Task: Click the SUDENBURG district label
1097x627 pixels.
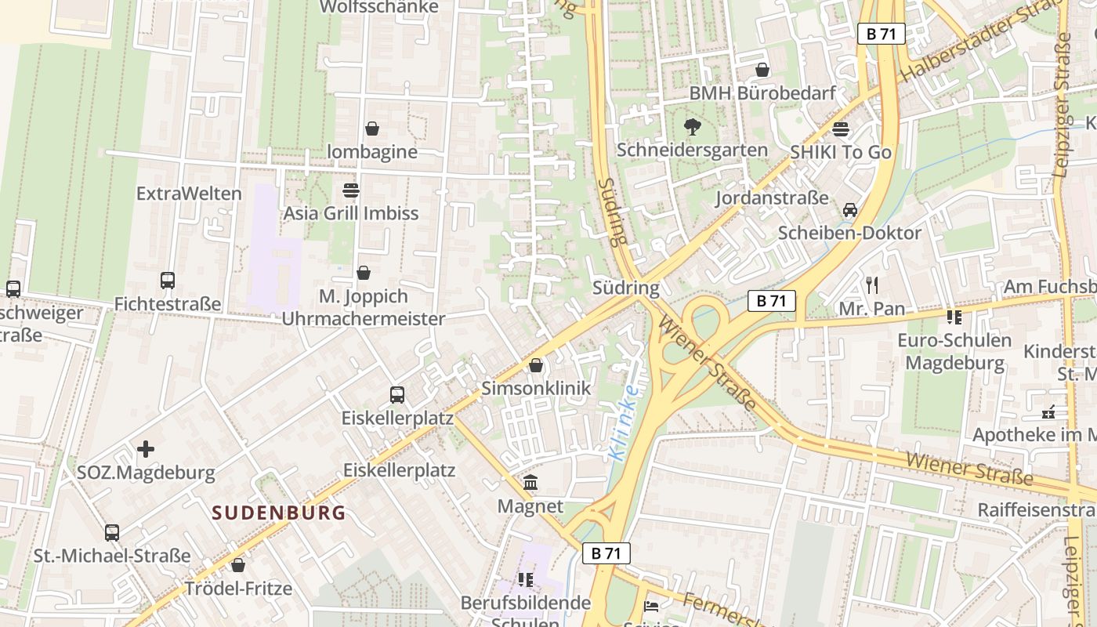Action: [x=279, y=513]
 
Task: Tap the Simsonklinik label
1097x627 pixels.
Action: [x=536, y=389]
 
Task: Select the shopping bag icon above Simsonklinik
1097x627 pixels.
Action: [x=536, y=365]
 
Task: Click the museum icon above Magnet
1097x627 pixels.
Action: [x=530, y=482]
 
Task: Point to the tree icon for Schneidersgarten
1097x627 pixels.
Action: [x=692, y=126]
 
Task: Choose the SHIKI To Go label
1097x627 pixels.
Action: [x=841, y=152]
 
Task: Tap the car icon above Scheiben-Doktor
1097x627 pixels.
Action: [x=849, y=210]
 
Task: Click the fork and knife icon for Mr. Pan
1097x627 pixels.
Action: [x=872, y=285]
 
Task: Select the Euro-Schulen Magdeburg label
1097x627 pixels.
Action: [x=954, y=352]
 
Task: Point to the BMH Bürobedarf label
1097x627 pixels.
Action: [x=762, y=93]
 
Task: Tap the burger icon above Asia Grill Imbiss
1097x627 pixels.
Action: [x=350, y=190]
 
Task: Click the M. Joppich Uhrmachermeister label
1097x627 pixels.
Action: [x=363, y=307]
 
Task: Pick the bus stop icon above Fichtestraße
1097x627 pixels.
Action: [x=167, y=280]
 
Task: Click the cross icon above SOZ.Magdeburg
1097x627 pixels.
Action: [x=146, y=449]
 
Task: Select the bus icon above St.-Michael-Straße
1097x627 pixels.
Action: [x=112, y=533]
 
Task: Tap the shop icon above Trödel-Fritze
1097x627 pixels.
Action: [x=238, y=565]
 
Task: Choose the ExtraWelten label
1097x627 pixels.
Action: [x=189, y=193]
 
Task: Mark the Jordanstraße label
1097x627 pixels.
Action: [x=772, y=198]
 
